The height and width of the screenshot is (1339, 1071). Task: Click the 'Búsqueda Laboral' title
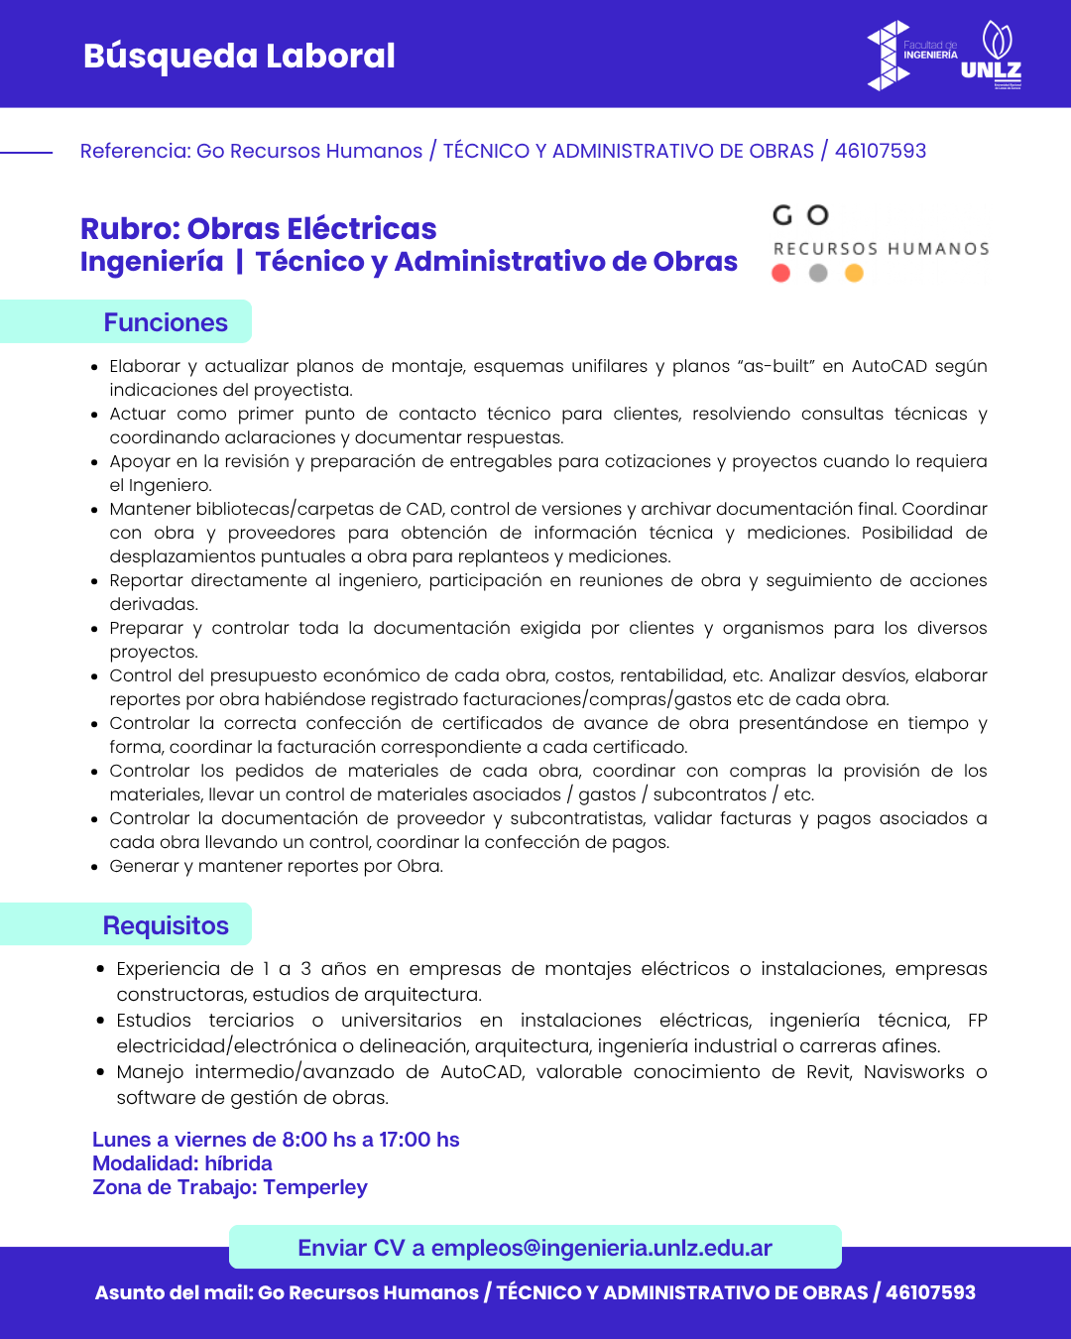point(239,57)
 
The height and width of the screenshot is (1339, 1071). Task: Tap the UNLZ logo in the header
point(992,56)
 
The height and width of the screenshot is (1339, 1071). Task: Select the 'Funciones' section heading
point(166,322)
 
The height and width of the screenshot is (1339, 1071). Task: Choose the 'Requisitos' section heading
point(166,925)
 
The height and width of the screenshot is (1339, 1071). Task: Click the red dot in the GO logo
point(781,273)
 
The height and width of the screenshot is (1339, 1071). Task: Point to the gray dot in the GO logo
point(818,273)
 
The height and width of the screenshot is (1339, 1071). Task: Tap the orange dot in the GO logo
point(854,273)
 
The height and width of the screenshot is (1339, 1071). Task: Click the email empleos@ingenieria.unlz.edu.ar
point(601,1248)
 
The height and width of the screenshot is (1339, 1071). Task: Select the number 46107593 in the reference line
point(881,151)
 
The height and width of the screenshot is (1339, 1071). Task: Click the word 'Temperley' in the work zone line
point(315,1187)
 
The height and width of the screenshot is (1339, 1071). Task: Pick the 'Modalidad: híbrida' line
point(182,1163)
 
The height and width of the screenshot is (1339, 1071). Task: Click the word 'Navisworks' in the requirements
point(914,1072)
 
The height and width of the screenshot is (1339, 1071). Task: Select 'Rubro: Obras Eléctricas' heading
point(258,228)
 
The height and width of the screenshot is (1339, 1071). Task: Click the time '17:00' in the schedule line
point(407,1140)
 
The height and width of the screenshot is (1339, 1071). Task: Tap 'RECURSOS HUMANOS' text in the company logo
point(882,249)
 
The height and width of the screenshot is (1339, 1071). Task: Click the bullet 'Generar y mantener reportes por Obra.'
point(277,866)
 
